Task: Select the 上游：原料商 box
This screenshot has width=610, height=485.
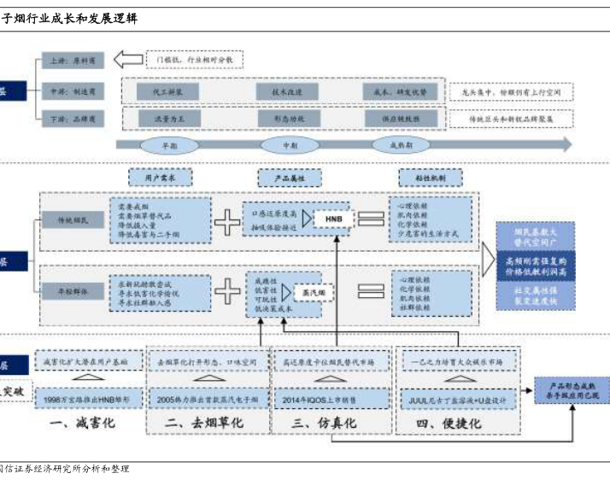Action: coord(73,61)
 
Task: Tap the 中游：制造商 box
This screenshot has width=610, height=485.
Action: coord(73,90)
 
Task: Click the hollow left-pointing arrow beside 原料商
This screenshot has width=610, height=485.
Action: coord(128,60)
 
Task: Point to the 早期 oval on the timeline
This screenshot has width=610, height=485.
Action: coord(169,145)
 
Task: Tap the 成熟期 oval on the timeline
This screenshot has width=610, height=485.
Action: coord(400,145)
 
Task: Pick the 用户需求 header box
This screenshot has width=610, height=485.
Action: coord(160,178)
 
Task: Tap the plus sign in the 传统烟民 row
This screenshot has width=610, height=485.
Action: coord(228,221)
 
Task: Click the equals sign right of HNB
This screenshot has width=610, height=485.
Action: coord(372,219)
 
